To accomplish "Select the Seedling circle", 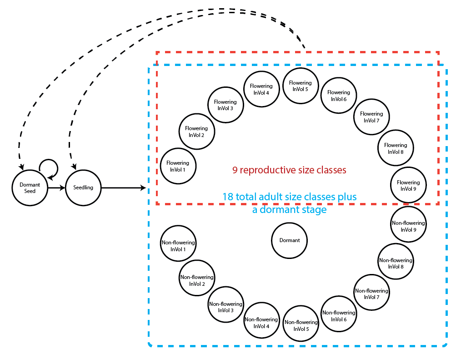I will (83, 188).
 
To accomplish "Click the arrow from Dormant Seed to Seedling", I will (56, 188).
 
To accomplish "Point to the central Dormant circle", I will (289, 240).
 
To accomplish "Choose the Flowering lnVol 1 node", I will (178, 166).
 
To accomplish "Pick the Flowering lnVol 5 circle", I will (300, 86).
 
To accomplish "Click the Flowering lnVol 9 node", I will (408, 185).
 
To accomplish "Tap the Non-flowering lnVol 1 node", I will (178, 246).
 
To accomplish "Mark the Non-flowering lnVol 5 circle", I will (301, 325).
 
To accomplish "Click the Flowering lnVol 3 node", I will (225, 105).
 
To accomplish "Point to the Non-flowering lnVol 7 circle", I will (371, 294).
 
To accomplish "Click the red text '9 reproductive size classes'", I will (289, 170).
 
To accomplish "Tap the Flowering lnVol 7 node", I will (371, 117).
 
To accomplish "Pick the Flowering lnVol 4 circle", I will (261, 89).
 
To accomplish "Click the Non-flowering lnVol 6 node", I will (339, 316).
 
